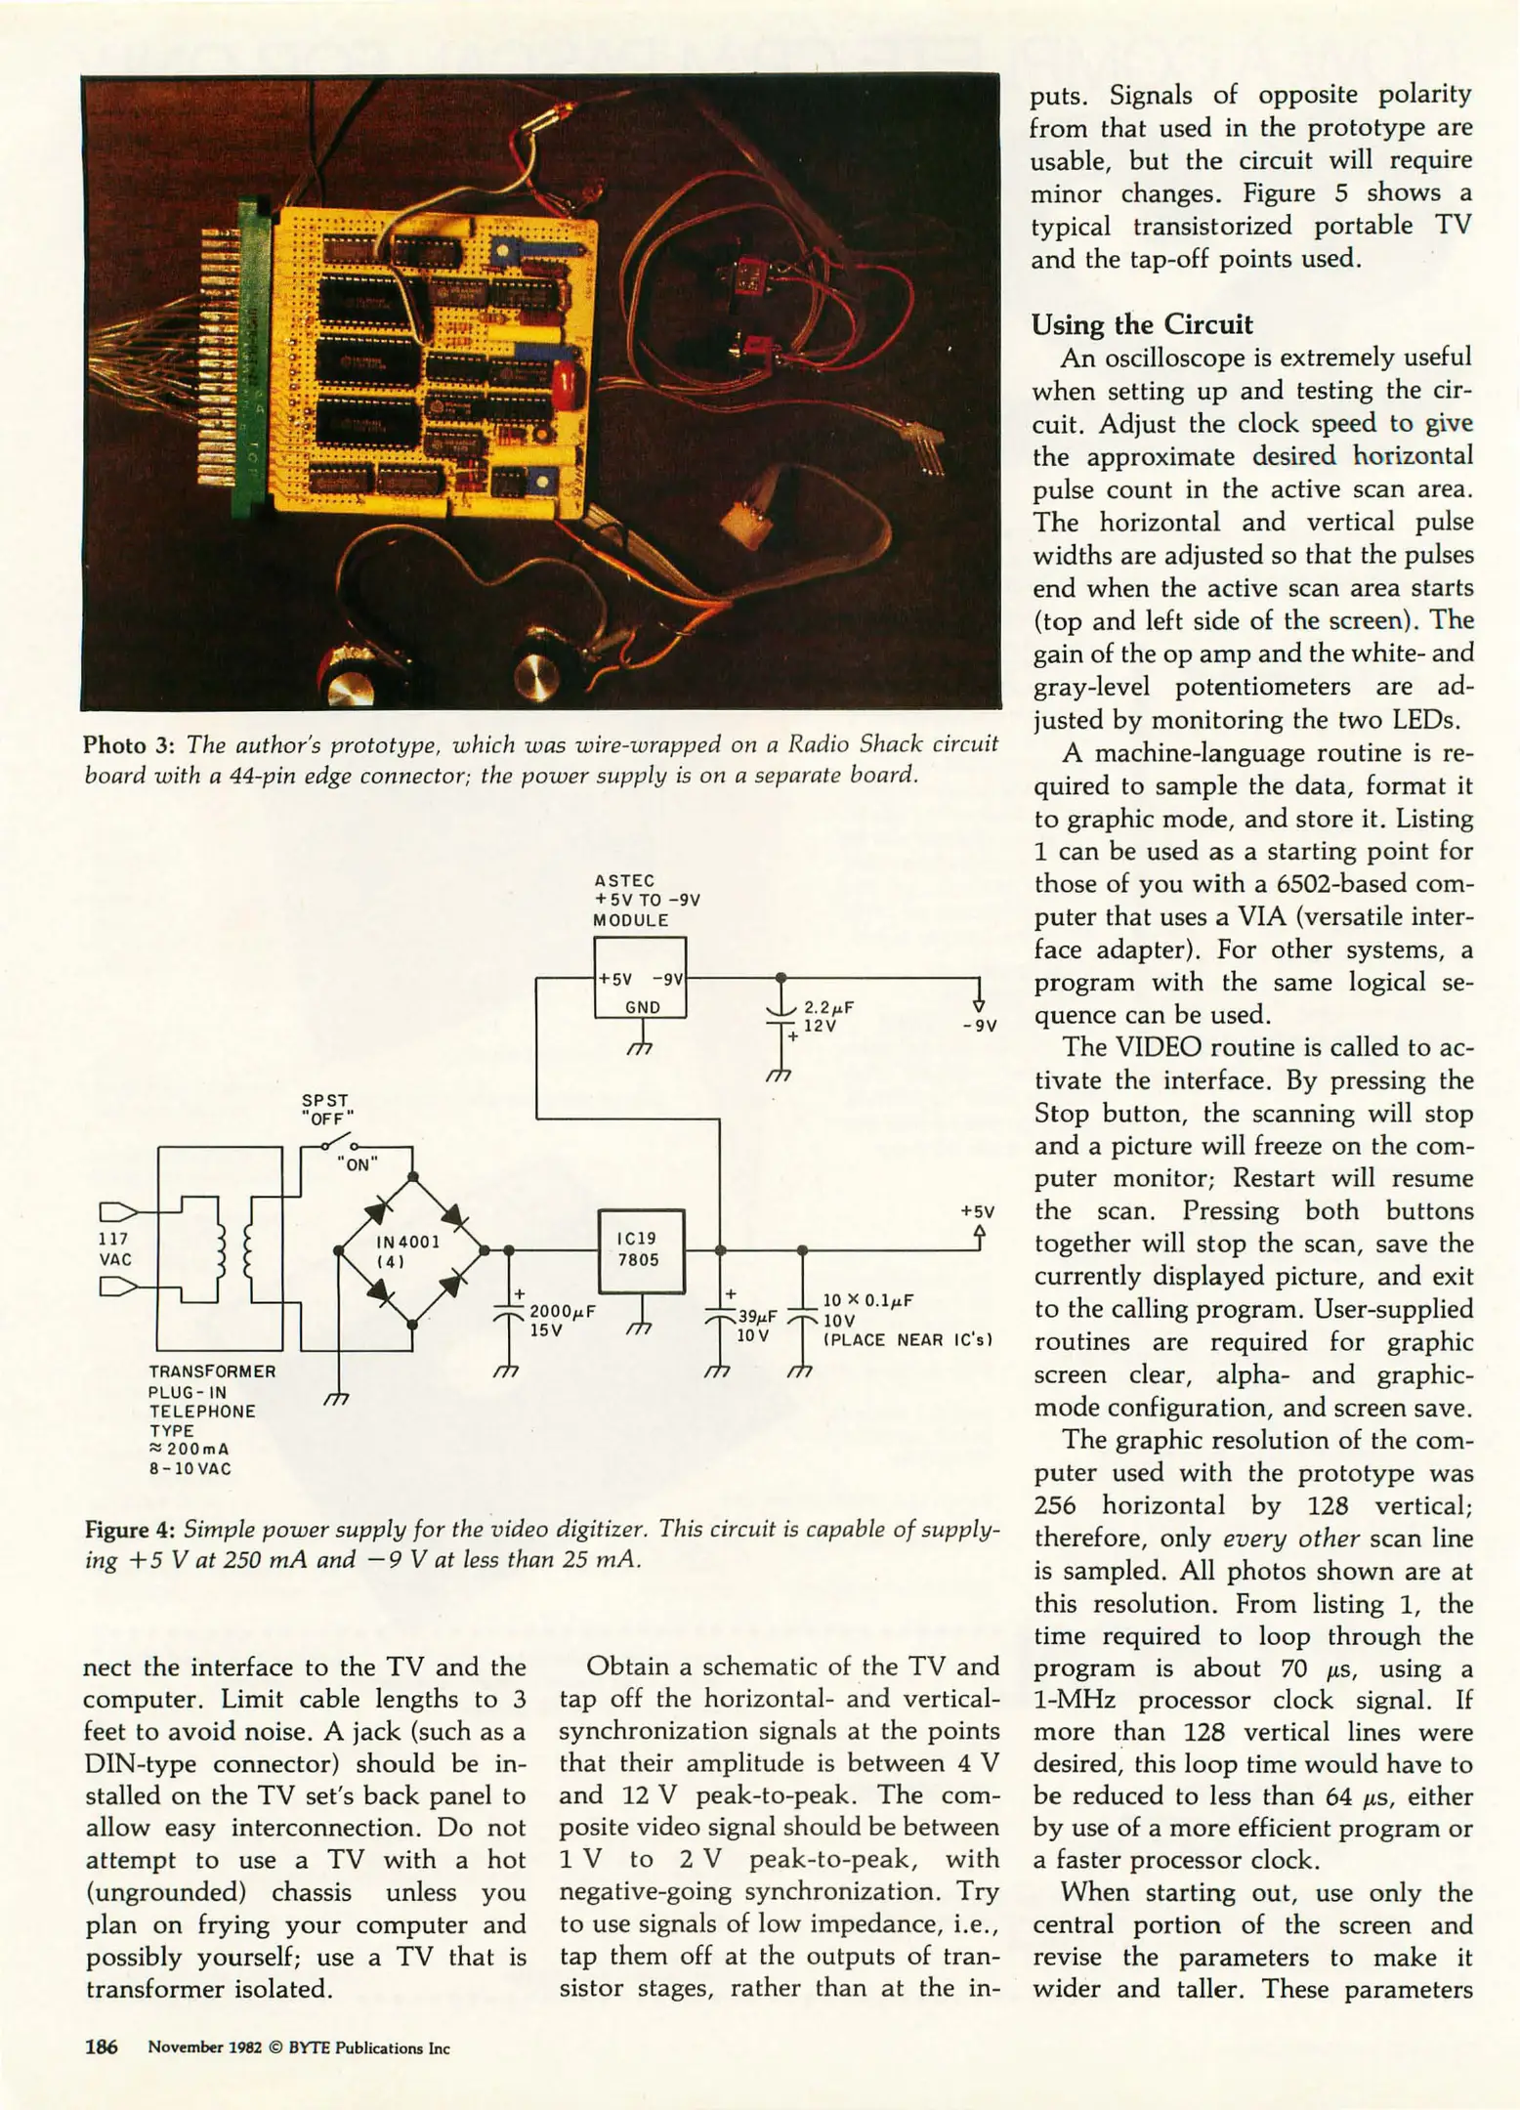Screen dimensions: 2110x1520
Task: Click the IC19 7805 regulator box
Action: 641,1250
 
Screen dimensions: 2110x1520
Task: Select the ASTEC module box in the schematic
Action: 641,978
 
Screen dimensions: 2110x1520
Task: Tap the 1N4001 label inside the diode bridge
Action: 408,1243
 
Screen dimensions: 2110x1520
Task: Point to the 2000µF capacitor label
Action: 562,1313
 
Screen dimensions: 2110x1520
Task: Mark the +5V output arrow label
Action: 977,1211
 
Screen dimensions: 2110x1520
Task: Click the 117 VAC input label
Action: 115,1249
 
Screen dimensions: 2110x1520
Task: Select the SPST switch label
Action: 325,1100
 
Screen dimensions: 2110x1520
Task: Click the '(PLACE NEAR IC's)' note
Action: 908,1339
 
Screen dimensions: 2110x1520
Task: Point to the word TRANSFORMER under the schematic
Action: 212,1371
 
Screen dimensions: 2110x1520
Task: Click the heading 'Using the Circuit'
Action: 1142,324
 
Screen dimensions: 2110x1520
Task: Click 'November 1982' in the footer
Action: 205,2048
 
